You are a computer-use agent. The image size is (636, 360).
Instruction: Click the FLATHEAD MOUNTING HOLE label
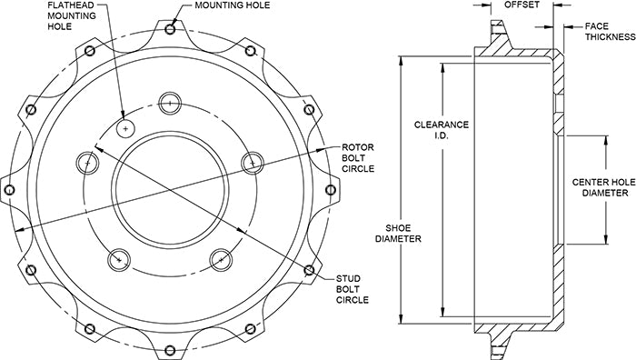(72, 15)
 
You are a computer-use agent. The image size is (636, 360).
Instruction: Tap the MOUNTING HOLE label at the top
(232, 5)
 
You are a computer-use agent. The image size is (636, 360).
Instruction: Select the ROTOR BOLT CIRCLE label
(358, 158)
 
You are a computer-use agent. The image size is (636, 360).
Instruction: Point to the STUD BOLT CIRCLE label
(353, 289)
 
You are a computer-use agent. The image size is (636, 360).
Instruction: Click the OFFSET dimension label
(522, 5)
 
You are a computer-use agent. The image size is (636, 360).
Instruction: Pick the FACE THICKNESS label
(610, 32)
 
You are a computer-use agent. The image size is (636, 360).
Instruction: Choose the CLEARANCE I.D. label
(442, 130)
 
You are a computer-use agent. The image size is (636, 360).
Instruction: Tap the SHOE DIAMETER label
(398, 234)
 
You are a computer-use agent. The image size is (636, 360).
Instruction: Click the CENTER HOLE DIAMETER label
(605, 187)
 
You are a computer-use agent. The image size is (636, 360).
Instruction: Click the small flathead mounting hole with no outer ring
(125, 129)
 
